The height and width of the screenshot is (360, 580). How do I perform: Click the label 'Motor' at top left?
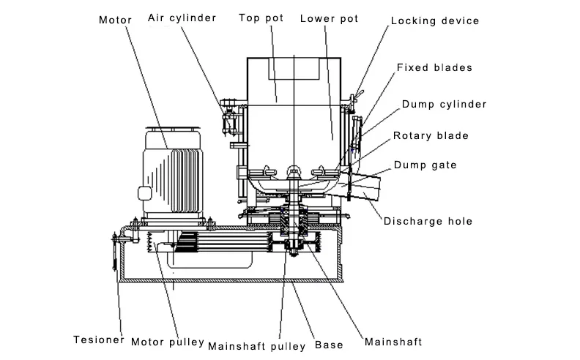[115, 20]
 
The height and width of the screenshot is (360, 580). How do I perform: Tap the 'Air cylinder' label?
[182, 18]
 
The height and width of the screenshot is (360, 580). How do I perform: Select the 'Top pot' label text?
[261, 18]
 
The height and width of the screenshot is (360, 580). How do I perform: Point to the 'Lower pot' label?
[330, 19]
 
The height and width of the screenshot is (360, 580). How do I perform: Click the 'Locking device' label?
[435, 21]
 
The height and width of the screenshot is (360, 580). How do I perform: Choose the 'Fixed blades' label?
[434, 67]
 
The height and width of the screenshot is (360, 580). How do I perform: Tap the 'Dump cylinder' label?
[445, 104]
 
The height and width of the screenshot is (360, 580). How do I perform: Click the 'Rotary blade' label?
[431, 135]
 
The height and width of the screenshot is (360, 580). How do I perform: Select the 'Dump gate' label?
[425, 165]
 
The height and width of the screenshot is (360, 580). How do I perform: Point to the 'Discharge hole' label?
[428, 222]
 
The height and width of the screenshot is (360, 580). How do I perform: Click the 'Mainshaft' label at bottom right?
[393, 342]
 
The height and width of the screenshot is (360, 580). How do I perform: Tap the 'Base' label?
[329, 345]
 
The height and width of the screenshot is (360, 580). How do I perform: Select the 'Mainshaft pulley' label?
[257, 347]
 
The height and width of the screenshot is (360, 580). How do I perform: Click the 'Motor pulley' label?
[168, 342]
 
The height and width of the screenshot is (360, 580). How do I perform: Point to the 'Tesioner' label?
[99, 340]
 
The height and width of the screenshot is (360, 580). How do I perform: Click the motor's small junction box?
[144, 193]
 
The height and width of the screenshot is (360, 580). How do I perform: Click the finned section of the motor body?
[185, 181]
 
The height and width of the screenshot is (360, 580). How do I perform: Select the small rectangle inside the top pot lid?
[294, 68]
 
